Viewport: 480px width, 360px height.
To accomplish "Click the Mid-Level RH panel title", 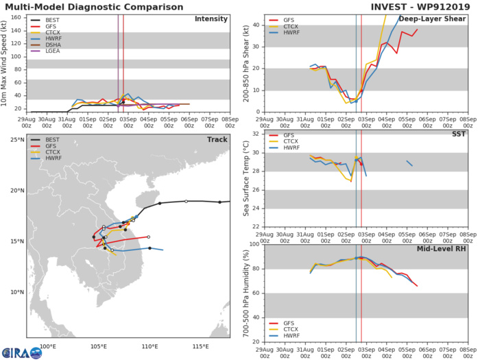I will pyautogui.click(x=440, y=250).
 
